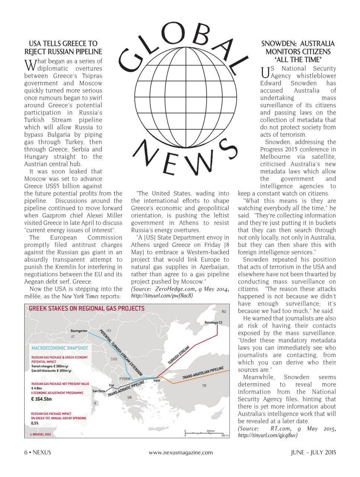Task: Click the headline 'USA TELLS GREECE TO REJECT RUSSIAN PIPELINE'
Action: tap(63, 48)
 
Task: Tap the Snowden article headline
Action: tap(298, 51)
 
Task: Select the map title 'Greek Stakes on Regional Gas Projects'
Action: tap(86, 309)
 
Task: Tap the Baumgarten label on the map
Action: tap(79, 331)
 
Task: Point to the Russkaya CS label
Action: tap(213, 323)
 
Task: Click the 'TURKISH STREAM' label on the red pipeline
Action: tap(178, 355)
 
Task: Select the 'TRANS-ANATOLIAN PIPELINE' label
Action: tap(203, 373)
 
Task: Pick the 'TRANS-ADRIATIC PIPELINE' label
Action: tap(126, 389)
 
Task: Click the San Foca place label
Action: tap(99, 391)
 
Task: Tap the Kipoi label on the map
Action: tap(157, 381)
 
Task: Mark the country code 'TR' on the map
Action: tap(204, 386)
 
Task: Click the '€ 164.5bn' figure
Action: tap(42, 399)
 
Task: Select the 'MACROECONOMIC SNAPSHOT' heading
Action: tap(60, 348)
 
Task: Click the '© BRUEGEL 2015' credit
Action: tap(41, 434)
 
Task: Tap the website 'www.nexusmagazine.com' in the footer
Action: tap(181, 452)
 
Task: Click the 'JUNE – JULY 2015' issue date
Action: tap(313, 452)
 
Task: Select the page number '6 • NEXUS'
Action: tap(38, 452)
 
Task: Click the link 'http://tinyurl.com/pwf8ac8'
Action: tap(162, 296)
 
